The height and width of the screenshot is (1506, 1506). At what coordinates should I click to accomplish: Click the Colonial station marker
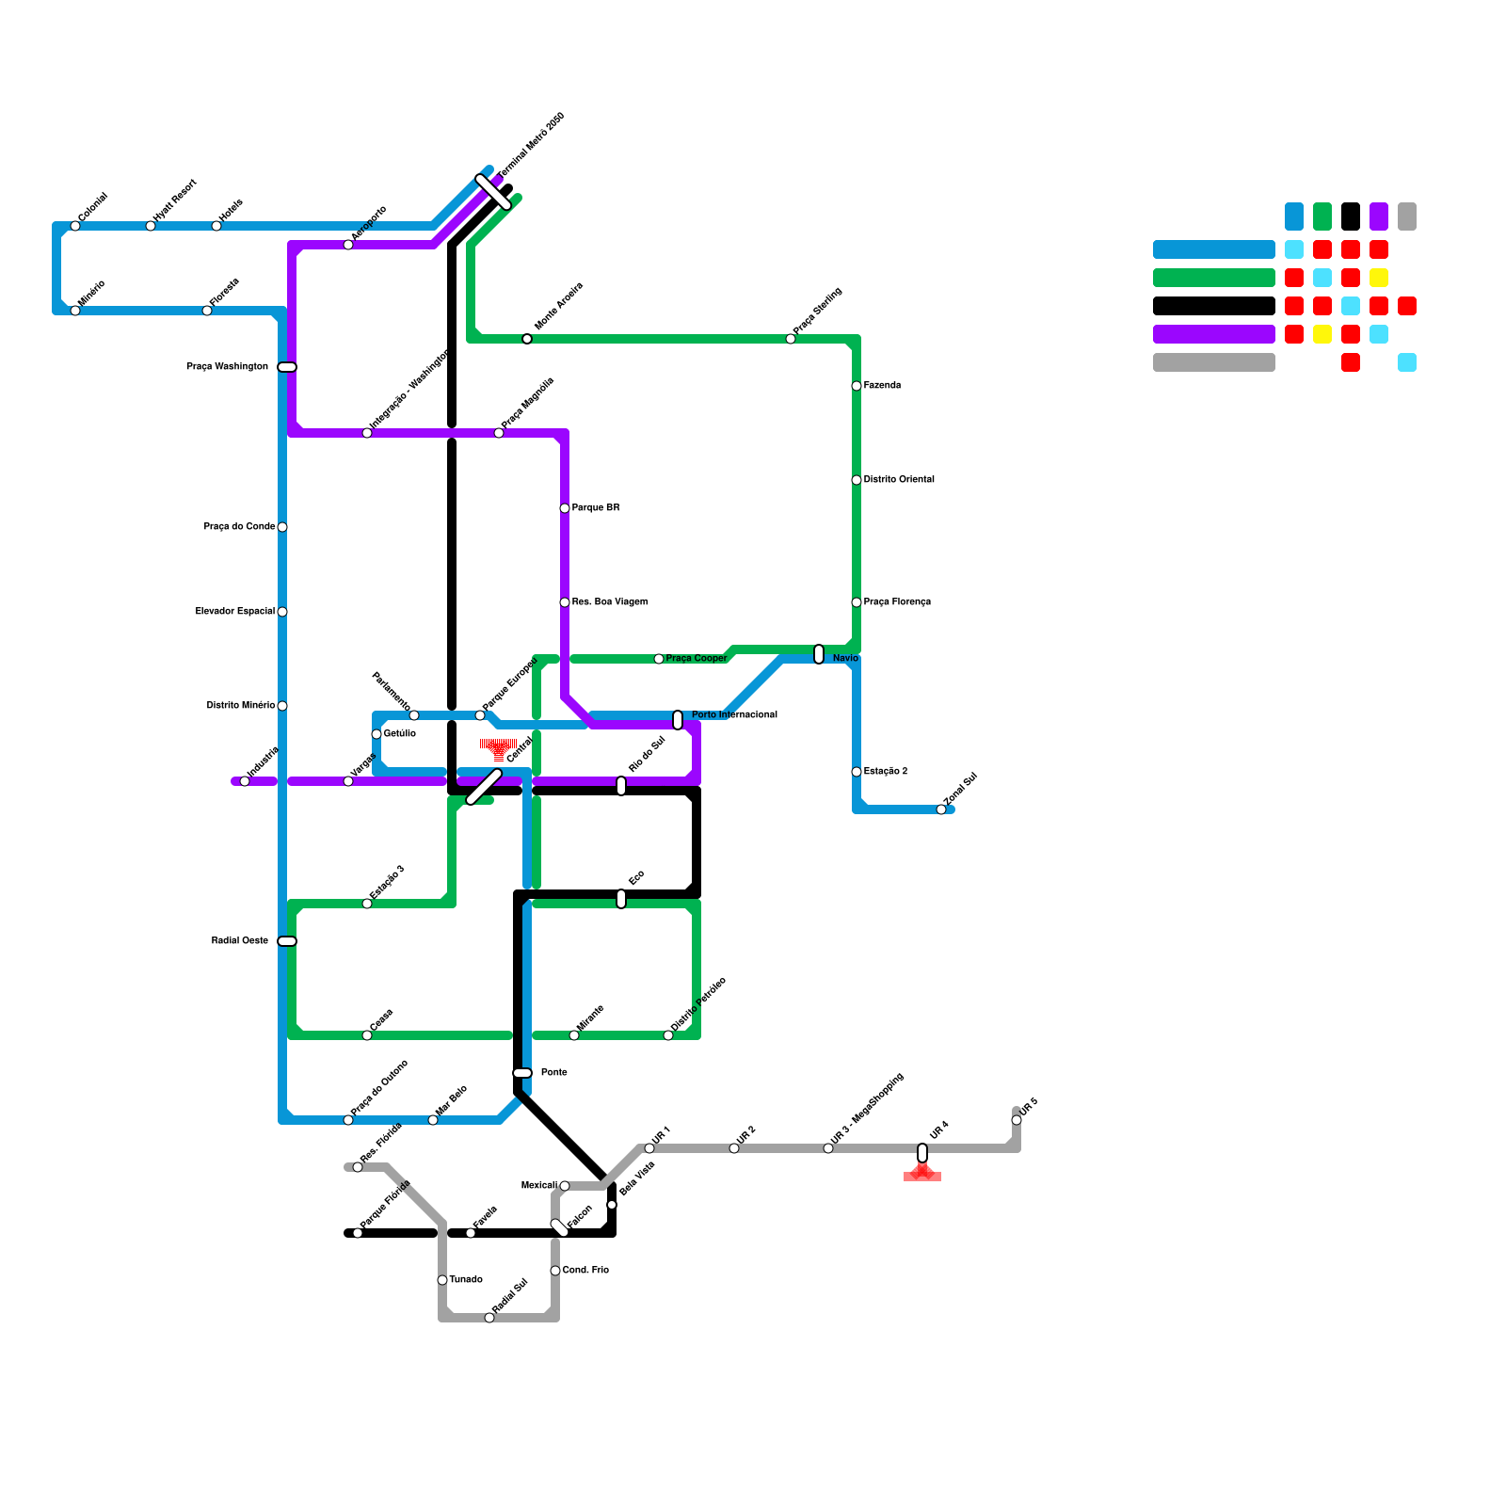pos(75,226)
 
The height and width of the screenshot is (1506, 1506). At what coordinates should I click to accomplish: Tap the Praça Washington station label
pos(227,367)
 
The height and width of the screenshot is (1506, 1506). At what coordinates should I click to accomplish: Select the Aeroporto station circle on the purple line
pos(348,245)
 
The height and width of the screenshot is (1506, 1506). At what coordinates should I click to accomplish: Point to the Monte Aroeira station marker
pos(527,339)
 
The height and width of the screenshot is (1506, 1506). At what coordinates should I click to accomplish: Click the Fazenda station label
pos(882,386)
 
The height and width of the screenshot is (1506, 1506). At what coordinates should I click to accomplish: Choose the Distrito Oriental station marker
pos(857,480)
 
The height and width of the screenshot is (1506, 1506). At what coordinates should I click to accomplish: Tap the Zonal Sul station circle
pos(941,809)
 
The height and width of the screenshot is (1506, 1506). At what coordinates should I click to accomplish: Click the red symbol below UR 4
pos(922,1173)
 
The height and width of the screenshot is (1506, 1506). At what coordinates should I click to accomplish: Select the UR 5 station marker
pos(1017,1120)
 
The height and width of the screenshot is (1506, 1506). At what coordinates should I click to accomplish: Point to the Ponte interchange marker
pos(522,1073)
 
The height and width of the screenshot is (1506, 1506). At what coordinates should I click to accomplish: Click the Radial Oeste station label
pos(240,941)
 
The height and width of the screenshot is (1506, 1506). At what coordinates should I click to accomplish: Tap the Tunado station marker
pos(442,1280)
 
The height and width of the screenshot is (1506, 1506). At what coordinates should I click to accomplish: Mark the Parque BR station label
pos(596,508)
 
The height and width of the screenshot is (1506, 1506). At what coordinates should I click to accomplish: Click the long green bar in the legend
pos(1214,278)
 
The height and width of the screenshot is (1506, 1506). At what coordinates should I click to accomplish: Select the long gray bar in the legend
pos(1214,362)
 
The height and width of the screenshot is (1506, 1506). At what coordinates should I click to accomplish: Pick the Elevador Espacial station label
pos(235,612)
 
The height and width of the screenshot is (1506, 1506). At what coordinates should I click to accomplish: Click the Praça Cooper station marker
pos(659,659)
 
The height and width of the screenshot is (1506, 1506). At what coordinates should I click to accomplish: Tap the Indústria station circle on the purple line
pos(245,781)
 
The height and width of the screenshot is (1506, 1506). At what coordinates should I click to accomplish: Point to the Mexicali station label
pos(538,1186)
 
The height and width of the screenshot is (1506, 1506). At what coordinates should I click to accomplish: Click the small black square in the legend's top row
pos(1351,216)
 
